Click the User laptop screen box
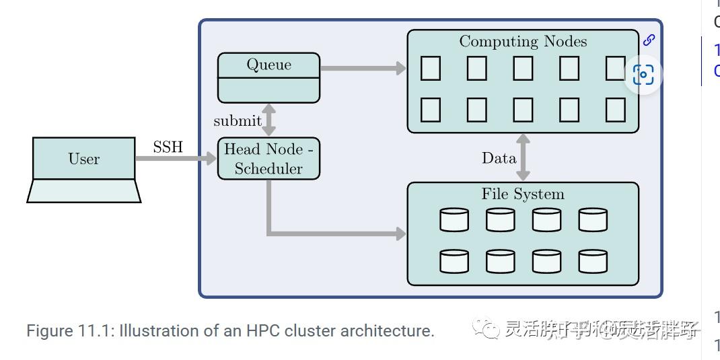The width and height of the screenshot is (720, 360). point(84,159)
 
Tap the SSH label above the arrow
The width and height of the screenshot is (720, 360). point(168,147)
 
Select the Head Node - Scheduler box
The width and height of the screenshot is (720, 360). point(268,159)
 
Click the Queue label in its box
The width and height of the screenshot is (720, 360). point(268,65)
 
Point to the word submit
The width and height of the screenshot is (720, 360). point(237,121)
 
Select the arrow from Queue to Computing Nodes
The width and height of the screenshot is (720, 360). point(363,68)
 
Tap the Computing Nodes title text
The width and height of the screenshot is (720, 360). point(523,42)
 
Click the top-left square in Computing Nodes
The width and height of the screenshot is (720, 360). point(431,69)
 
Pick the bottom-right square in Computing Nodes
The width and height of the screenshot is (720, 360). point(615,110)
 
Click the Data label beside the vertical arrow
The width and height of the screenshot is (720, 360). point(499,158)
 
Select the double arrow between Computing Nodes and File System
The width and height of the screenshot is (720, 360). point(523,157)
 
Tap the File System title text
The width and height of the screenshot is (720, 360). point(523,194)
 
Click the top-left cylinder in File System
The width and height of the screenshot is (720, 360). point(454,220)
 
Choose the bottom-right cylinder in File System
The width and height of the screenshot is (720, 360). point(593,262)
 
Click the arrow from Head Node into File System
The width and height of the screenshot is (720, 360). point(336,234)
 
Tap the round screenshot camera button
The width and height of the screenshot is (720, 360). point(643,75)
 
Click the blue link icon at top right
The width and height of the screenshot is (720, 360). point(649,40)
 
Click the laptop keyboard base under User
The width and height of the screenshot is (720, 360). point(84,191)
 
